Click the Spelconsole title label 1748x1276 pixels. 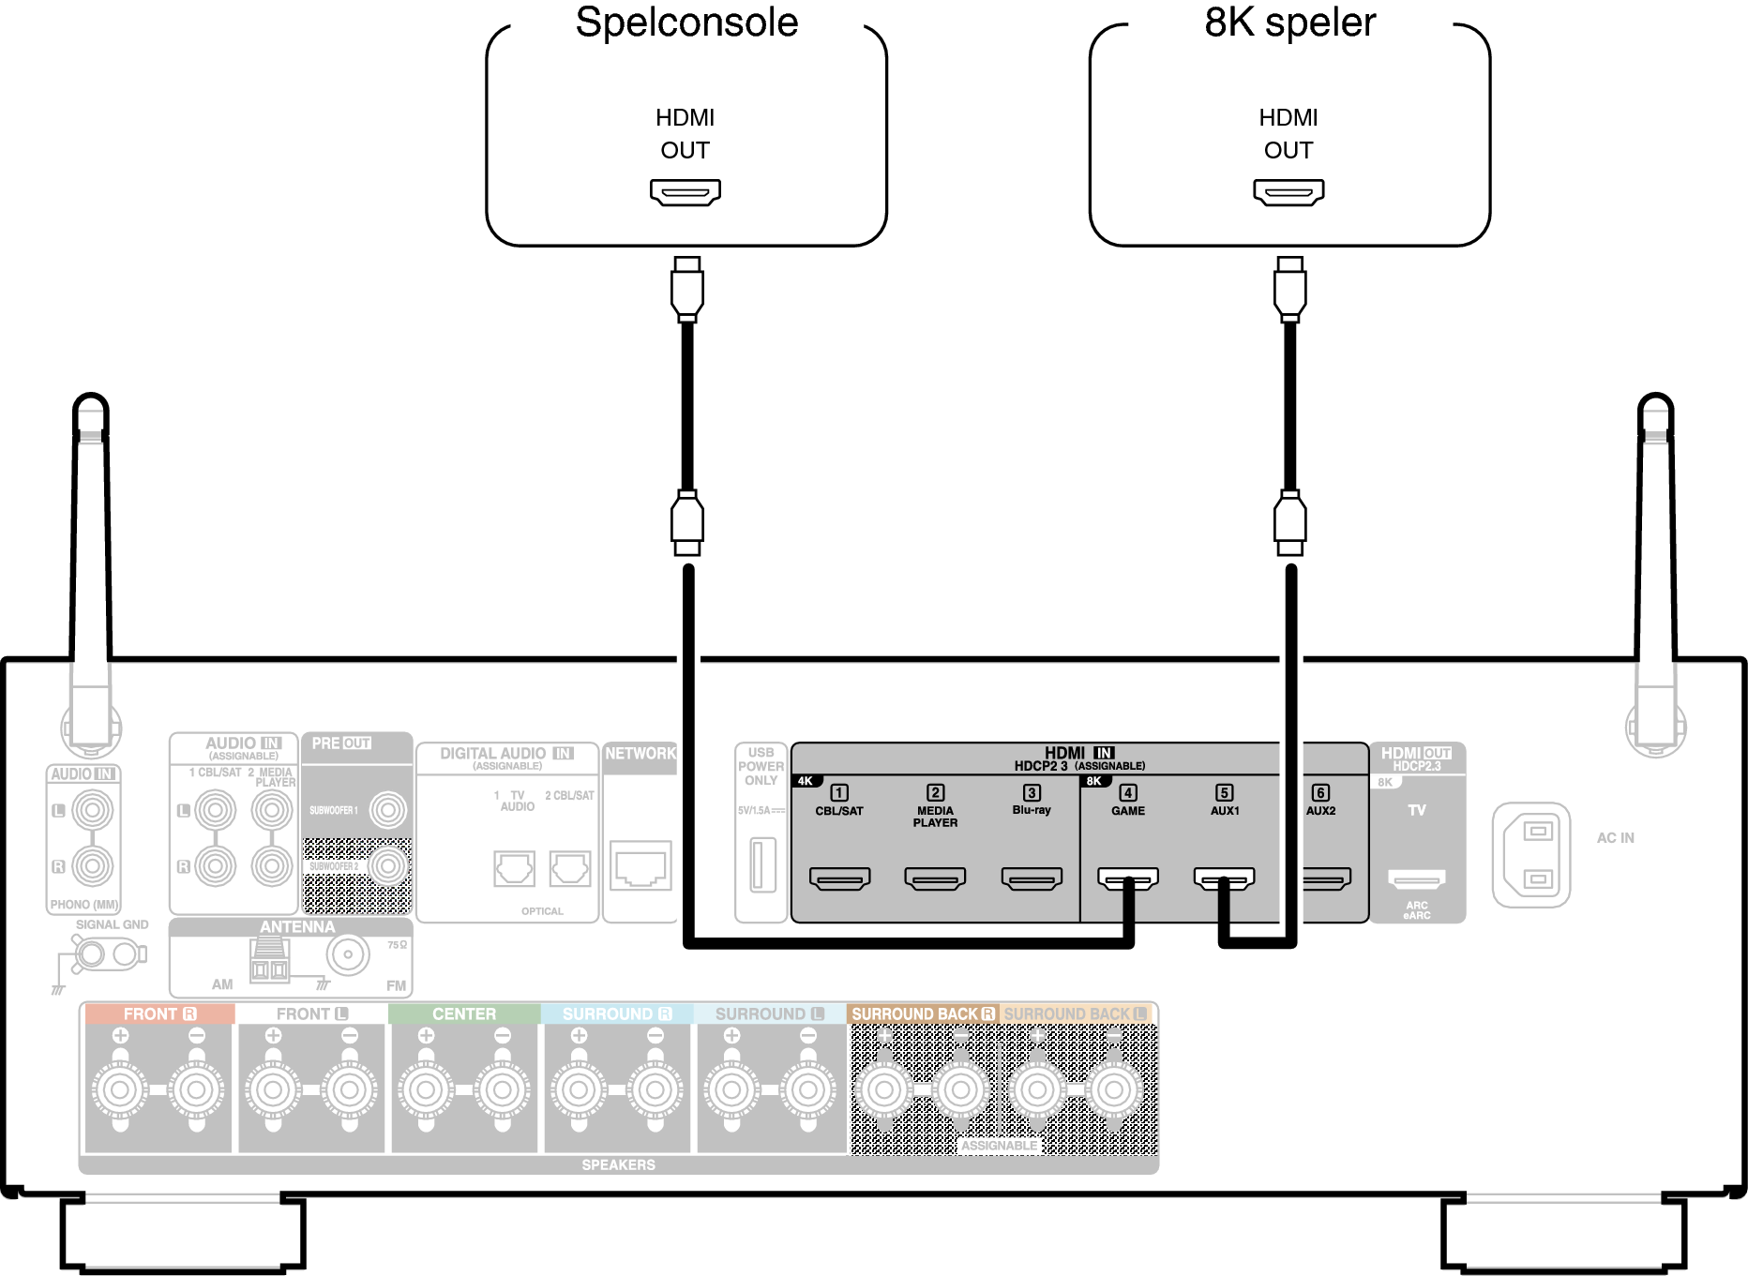(686, 23)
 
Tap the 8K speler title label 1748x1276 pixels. (1289, 23)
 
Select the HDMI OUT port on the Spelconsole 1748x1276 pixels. (686, 192)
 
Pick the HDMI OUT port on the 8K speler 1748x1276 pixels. (1288, 192)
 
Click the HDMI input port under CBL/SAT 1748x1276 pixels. (839, 878)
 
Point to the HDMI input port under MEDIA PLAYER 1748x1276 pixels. (935, 878)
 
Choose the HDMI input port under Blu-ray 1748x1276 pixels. (1032, 878)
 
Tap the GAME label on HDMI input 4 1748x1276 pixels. (1128, 811)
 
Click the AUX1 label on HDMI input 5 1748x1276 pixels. (1225, 811)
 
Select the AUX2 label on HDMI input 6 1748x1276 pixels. (1320, 811)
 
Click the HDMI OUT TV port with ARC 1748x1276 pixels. (1417, 878)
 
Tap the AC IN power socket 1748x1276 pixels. (1531, 854)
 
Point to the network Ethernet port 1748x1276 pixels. (640, 865)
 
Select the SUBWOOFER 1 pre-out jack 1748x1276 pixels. (387, 810)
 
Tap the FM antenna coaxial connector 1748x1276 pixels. (348, 955)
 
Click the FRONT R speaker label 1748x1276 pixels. (159, 1014)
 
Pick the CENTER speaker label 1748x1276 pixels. (464, 1014)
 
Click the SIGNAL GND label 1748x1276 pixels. (112, 924)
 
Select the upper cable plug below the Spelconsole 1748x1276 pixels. (687, 289)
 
